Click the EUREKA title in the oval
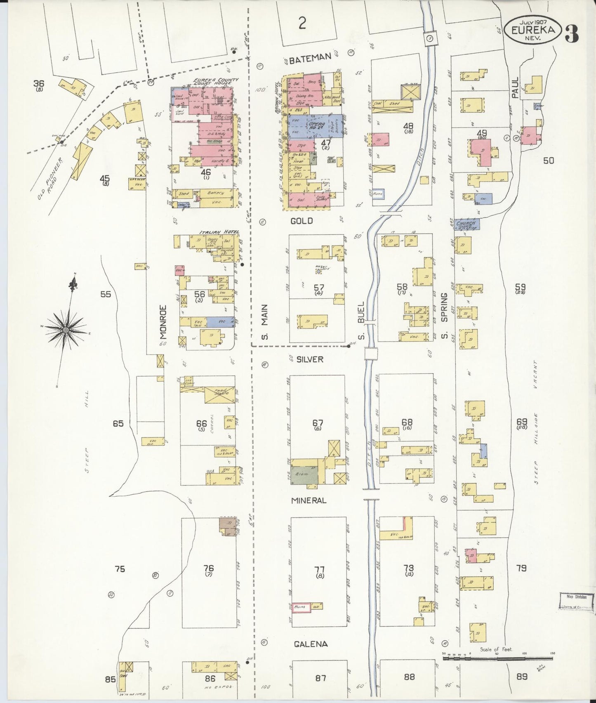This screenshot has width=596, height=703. pyautogui.click(x=535, y=30)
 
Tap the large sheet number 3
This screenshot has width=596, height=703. pyautogui.click(x=572, y=34)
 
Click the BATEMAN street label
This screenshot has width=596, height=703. pyautogui.click(x=310, y=59)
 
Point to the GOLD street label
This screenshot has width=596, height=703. pyautogui.click(x=302, y=221)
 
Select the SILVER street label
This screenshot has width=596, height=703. pyautogui.click(x=310, y=359)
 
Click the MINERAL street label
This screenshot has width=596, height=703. pyautogui.click(x=309, y=500)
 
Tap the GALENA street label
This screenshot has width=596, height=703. pyautogui.click(x=311, y=644)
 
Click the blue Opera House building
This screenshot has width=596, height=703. pyautogui.click(x=315, y=126)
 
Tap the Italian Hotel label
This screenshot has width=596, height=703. pyautogui.click(x=219, y=232)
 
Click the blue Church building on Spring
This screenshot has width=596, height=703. pyautogui.click(x=467, y=224)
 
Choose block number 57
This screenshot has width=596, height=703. pyautogui.click(x=319, y=288)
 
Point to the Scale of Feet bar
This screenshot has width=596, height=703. pyautogui.click(x=497, y=658)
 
